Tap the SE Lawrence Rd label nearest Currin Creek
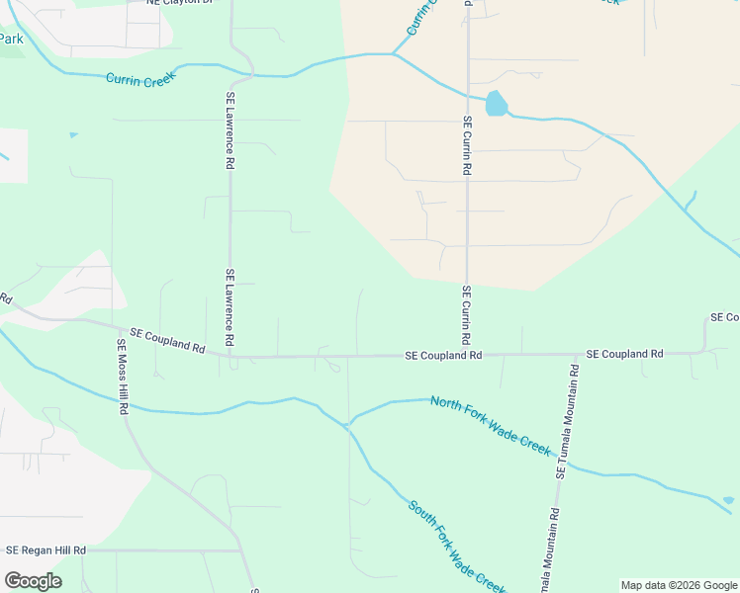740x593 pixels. (x=230, y=130)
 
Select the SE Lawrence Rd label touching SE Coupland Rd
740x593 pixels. (x=230, y=306)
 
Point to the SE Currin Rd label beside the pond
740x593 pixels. (x=467, y=145)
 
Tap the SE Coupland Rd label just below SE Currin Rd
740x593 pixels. (x=443, y=355)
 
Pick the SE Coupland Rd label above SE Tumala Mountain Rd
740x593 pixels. (x=624, y=353)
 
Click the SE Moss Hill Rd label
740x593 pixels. (x=123, y=377)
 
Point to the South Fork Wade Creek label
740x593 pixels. (x=457, y=545)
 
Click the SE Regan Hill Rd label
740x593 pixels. (x=46, y=550)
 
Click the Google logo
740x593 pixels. (x=33, y=581)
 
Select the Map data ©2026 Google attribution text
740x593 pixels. (x=679, y=585)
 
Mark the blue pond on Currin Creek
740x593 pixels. (x=496, y=104)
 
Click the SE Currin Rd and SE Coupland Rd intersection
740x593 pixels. (x=466, y=354)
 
